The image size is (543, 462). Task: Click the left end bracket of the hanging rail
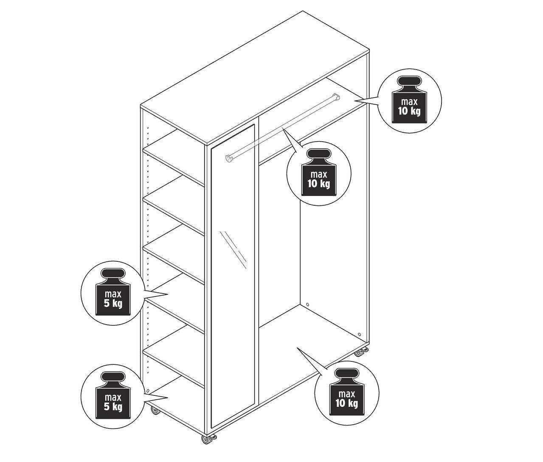[230, 158]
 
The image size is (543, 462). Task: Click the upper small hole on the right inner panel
[307, 304]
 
